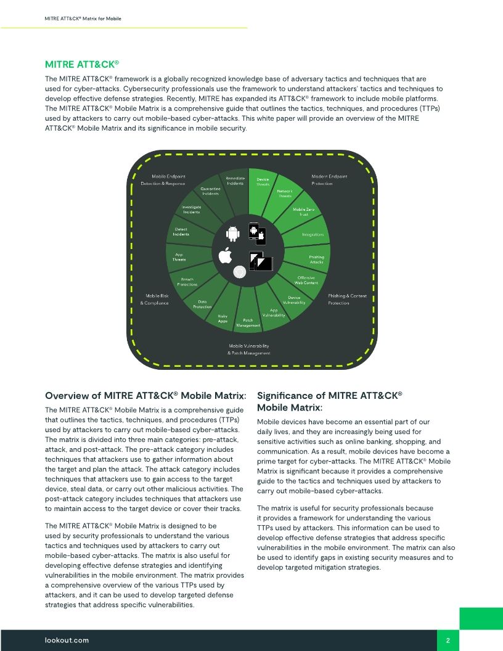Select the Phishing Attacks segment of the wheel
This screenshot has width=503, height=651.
tap(316, 260)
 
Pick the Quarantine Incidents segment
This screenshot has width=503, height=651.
tap(211, 191)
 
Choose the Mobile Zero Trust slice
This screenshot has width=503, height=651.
tap(303, 212)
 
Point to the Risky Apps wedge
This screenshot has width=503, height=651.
tap(223, 318)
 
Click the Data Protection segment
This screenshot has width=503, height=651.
tap(202, 304)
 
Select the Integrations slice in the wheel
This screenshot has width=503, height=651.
tap(313, 235)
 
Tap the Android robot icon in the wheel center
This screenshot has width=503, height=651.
tap(232, 234)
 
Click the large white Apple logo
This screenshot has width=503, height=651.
tap(224, 255)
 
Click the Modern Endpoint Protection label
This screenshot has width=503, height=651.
tap(329, 180)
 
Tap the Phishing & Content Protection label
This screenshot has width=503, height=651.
tap(347, 299)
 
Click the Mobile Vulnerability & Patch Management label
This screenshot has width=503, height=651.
tap(249, 350)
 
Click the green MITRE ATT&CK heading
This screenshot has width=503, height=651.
tap(82, 64)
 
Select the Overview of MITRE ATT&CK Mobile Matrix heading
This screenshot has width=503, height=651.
tap(146, 395)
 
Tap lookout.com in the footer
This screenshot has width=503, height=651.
tap(67, 640)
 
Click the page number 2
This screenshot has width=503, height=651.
tap(448, 641)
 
